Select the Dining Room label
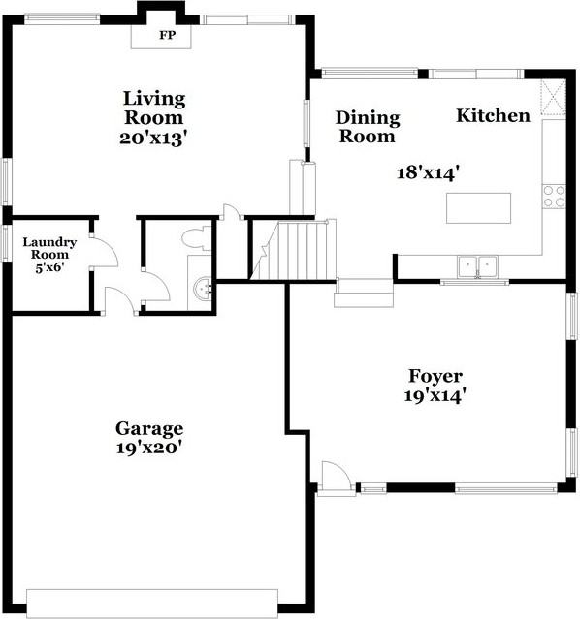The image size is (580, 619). click(367, 127)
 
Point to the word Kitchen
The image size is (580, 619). click(494, 116)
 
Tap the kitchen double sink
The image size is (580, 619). click(476, 264)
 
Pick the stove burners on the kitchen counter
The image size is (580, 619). click(554, 197)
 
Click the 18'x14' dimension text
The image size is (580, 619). click(427, 172)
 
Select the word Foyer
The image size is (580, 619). click(435, 377)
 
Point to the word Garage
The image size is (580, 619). click(149, 428)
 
